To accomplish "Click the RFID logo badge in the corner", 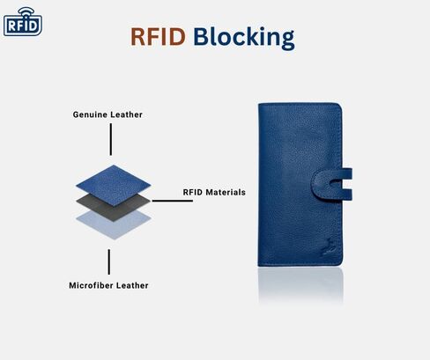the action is click(x=23, y=22).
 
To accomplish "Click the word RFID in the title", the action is click(x=158, y=37).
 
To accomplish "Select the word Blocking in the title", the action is click(x=244, y=38).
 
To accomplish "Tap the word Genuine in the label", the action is click(x=91, y=114).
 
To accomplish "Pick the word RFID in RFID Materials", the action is click(x=193, y=192).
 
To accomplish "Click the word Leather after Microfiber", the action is click(x=132, y=285).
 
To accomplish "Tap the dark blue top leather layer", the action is click(x=114, y=184).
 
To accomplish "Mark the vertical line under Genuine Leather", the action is click(x=111, y=139).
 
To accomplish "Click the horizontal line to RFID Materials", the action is click(x=172, y=201).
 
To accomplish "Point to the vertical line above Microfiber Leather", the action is click(x=109, y=262).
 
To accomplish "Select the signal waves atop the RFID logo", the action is click(x=26, y=11).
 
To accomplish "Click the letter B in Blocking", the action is click(x=200, y=37).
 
